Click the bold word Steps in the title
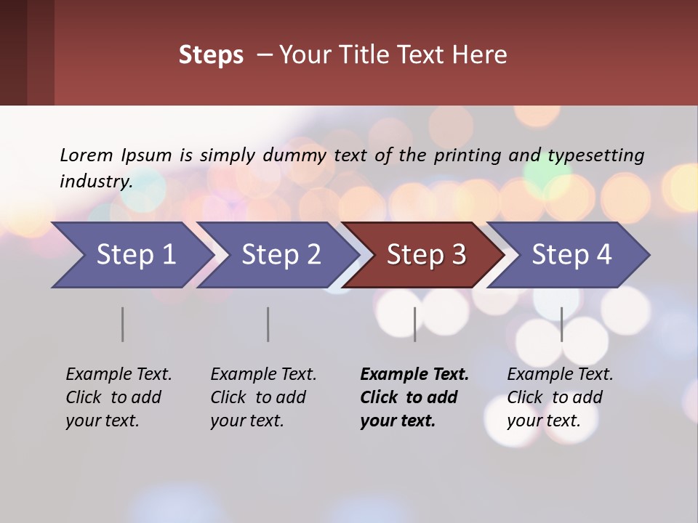pos(211,55)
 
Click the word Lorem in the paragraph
pos(87,155)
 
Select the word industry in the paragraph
pos(95,182)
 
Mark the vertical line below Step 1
pos(123,324)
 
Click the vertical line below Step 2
pos(268,324)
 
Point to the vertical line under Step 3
pos(415,324)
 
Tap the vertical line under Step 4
pos(561,324)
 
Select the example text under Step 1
pos(119,397)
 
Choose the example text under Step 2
pos(263,397)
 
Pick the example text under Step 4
pos(560,397)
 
